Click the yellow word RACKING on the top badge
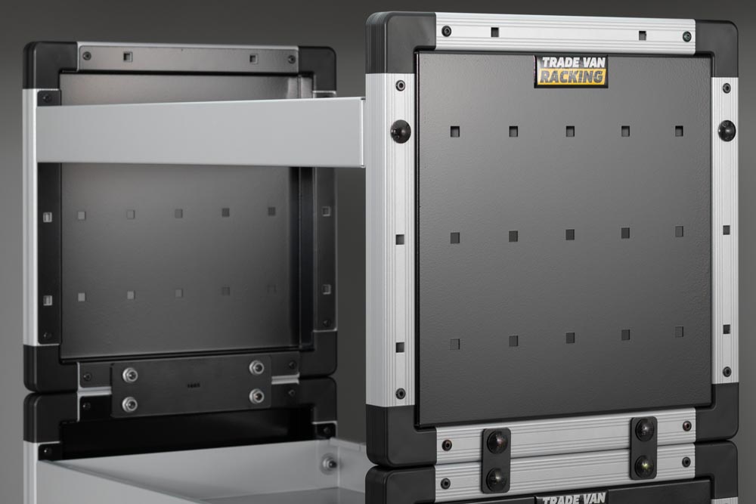(572, 76)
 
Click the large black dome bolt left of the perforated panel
(400, 131)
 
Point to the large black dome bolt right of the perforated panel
(727, 130)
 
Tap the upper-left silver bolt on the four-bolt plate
(130, 374)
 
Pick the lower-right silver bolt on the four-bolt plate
(256, 396)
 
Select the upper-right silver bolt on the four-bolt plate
(256, 368)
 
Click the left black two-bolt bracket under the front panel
(496, 459)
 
